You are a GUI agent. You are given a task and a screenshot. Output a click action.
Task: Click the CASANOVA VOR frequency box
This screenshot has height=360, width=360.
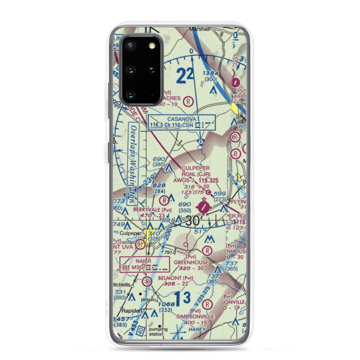coord(181,122)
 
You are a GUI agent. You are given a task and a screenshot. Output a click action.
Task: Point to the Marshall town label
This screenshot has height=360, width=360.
coord(199,30)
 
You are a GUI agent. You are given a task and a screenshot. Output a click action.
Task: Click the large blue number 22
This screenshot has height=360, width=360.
coord(185,76)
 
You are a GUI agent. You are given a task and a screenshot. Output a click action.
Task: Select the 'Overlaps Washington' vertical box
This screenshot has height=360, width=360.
coord(133,163)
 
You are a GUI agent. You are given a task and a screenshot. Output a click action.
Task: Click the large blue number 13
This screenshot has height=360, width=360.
coord(182,298)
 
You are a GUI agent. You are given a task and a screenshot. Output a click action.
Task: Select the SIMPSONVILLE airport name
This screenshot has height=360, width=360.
coord(195,316)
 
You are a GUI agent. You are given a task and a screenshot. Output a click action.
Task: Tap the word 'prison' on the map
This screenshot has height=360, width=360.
coord(148,299)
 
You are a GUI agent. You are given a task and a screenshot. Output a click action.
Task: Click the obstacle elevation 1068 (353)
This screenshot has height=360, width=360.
coord(167,307)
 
